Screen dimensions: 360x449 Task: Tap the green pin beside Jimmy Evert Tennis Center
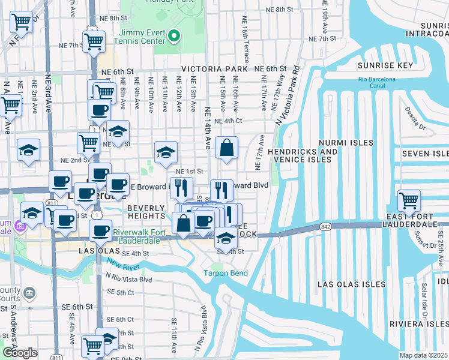pos(174,36)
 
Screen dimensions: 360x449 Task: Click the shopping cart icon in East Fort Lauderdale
pos(409,200)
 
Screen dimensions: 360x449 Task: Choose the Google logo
pos(20,353)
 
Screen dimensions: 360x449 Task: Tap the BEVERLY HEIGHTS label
pos(146,212)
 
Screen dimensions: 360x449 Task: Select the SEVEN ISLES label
pos(425,154)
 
